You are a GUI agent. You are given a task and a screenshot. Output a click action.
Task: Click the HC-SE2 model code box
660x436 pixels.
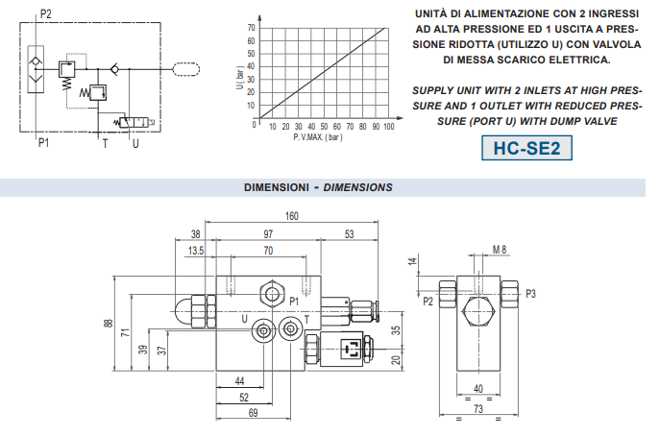[x=526, y=148]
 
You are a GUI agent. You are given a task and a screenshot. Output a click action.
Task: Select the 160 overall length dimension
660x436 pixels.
[x=292, y=216]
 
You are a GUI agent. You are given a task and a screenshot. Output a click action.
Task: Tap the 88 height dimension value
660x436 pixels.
[x=109, y=324]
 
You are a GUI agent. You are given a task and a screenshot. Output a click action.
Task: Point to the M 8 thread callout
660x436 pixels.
[x=500, y=250]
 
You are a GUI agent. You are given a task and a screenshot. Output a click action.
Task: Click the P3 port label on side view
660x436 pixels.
[x=530, y=294]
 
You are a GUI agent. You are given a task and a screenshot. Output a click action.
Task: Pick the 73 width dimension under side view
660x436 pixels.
[x=478, y=409]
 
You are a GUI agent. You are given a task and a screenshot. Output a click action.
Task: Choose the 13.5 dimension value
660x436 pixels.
[x=196, y=251]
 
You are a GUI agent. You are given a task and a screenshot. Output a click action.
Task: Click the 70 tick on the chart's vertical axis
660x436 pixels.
[x=252, y=28]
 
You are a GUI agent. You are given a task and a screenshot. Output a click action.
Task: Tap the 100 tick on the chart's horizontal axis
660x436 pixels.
[x=388, y=126]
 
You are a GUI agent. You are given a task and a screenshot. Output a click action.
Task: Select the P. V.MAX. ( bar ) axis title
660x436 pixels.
[x=318, y=137]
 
